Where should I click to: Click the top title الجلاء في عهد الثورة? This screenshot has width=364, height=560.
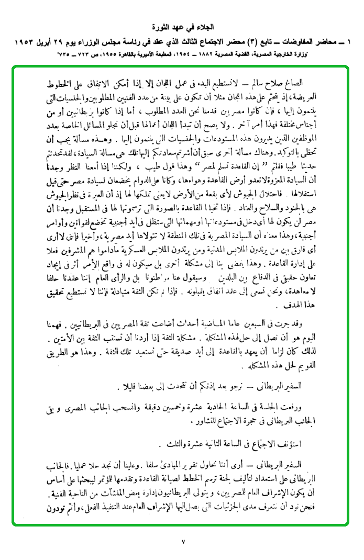tap(182, 26)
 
